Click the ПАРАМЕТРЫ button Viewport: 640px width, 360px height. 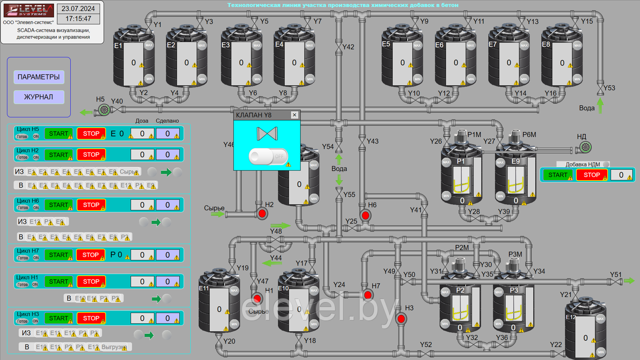click(38, 77)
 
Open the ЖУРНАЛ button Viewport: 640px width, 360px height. click(38, 97)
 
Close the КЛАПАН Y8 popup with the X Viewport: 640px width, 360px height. click(294, 115)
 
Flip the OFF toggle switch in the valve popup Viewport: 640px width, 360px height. click(268, 156)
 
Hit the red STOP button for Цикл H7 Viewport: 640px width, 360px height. click(91, 255)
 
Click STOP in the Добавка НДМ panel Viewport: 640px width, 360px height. click(591, 175)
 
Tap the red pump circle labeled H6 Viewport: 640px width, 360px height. click(365, 215)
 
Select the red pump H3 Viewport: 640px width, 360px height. click(401, 318)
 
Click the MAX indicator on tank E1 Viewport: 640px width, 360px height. click(148, 45)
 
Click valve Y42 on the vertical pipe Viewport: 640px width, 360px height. click(339, 47)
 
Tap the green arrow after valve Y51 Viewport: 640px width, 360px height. click(629, 281)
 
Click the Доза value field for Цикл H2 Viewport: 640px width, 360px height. click(142, 155)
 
